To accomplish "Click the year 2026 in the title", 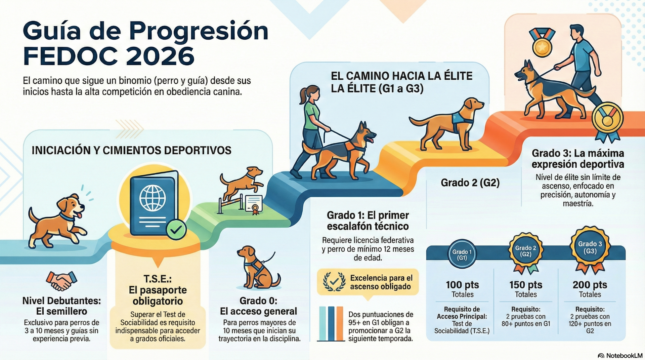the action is click(160, 56).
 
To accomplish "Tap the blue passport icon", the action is click(154, 203).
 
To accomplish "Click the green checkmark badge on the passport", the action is click(176, 230).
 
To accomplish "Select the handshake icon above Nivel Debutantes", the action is click(61, 281).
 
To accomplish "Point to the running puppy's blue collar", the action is click(68, 217).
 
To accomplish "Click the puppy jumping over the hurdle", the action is click(241, 182).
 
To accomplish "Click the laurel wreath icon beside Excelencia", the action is click(334, 282).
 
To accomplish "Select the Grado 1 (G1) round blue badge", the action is click(462, 254).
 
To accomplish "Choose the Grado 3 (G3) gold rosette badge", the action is click(590, 249).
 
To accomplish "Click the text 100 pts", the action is click(462, 285).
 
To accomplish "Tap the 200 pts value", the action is click(590, 285).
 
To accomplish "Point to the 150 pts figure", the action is click(526, 285).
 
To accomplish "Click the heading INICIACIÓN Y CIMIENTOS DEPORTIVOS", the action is click(131, 150).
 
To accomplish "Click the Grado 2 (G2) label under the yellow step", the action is click(470, 183).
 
